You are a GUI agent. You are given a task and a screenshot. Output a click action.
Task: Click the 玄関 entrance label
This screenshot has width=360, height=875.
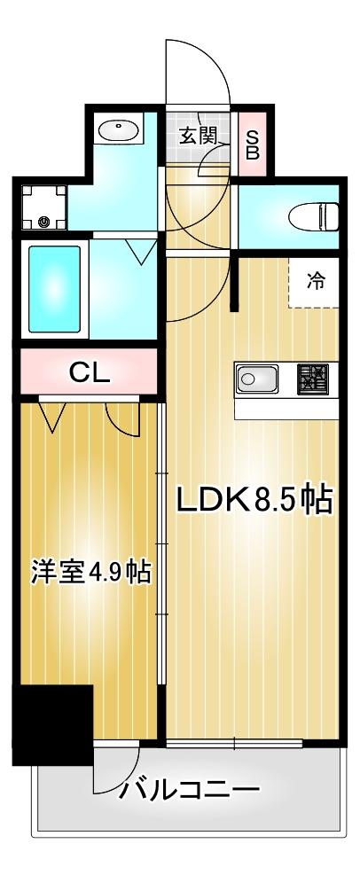click(x=197, y=137)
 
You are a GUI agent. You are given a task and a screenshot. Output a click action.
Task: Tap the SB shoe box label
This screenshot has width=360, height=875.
click(x=253, y=145)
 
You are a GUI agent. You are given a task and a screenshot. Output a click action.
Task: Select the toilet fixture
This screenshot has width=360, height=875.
click(x=314, y=215)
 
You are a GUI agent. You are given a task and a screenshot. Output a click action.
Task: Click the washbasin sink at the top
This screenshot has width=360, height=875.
click(x=118, y=132)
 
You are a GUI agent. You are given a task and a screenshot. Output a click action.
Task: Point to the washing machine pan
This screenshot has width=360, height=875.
click(x=44, y=207)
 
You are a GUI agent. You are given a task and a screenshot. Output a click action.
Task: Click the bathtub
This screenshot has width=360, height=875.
click(x=54, y=289)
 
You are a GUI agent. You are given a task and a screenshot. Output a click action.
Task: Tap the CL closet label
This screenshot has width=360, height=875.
click(x=90, y=371)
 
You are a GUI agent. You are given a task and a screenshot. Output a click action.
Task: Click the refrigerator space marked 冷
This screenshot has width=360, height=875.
click(x=314, y=283)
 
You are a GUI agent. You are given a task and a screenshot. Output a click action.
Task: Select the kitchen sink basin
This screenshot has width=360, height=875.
click(x=257, y=379)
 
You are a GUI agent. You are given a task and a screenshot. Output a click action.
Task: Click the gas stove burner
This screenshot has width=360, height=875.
click(x=312, y=379)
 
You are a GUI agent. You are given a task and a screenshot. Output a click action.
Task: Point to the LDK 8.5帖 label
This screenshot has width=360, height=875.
click(x=254, y=499)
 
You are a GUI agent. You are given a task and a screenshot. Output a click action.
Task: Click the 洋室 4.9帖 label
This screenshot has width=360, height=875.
click(x=90, y=572)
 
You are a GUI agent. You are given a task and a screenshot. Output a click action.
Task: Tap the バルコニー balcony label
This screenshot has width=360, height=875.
click(x=191, y=789)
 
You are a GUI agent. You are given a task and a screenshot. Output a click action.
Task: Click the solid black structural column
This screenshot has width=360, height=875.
click(x=52, y=724)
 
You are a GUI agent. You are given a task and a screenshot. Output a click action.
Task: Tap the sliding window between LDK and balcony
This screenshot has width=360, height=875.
click(x=234, y=743)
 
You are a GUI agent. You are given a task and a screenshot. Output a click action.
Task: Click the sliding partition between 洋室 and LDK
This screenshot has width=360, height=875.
click(x=160, y=543)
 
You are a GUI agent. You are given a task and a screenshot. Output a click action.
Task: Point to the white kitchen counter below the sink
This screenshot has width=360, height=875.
click(x=286, y=409)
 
